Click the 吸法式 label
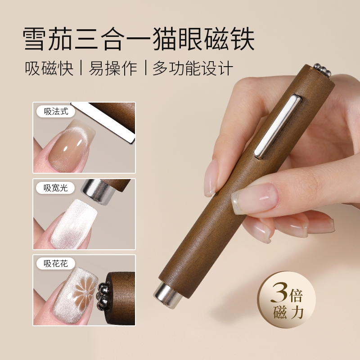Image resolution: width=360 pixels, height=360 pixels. [x=56, y=112]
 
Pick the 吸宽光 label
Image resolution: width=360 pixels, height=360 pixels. [x=56, y=188]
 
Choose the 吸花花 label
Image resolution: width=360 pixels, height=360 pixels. [x=56, y=264]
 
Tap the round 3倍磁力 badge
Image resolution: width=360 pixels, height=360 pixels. [x=286, y=301]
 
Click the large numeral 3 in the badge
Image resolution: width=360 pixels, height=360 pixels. [x=276, y=295]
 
